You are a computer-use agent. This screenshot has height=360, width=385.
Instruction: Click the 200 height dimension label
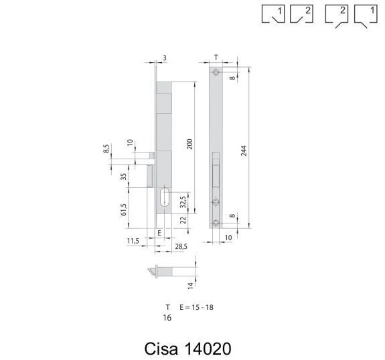189,144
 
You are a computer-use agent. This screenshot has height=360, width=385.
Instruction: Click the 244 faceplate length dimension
244,151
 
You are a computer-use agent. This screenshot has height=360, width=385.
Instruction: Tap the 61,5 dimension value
124,209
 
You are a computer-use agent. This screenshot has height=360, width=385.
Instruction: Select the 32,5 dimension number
183,202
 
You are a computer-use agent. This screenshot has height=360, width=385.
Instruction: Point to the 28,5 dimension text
181,246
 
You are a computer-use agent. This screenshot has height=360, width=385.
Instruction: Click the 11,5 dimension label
133,241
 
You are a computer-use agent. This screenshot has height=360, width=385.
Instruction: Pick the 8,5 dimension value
106,149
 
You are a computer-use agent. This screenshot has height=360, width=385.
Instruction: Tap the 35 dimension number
124,177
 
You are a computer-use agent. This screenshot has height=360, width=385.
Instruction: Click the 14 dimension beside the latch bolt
191,286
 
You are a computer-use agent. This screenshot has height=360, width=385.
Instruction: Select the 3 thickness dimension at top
165,58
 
